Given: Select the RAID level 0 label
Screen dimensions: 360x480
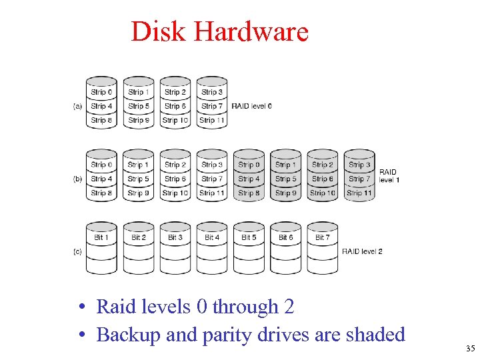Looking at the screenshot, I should [x=251, y=106].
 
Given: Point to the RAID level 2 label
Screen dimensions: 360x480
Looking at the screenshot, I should [x=362, y=251].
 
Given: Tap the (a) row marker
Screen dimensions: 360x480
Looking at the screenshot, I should [x=78, y=106].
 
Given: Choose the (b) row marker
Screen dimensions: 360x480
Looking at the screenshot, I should [x=78, y=179].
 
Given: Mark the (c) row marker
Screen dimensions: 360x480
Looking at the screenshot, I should [x=78, y=251].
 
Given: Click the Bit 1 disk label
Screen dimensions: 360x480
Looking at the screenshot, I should [x=101, y=237].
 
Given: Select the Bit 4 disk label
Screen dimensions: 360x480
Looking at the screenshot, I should [x=212, y=237].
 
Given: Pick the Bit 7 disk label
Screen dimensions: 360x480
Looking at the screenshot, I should [x=322, y=237].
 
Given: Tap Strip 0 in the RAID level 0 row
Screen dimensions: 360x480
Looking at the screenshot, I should [x=101, y=92].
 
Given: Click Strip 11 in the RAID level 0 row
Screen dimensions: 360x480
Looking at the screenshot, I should [x=212, y=120].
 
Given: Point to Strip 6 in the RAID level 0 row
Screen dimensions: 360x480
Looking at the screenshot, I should [x=175, y=106].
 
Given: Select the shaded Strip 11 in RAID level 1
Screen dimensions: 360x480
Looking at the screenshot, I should [x=359, y=193].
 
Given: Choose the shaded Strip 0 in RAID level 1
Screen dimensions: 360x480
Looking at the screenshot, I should [x=249, y=165].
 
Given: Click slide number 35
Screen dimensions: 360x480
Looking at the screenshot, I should [x=471, y=349].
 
